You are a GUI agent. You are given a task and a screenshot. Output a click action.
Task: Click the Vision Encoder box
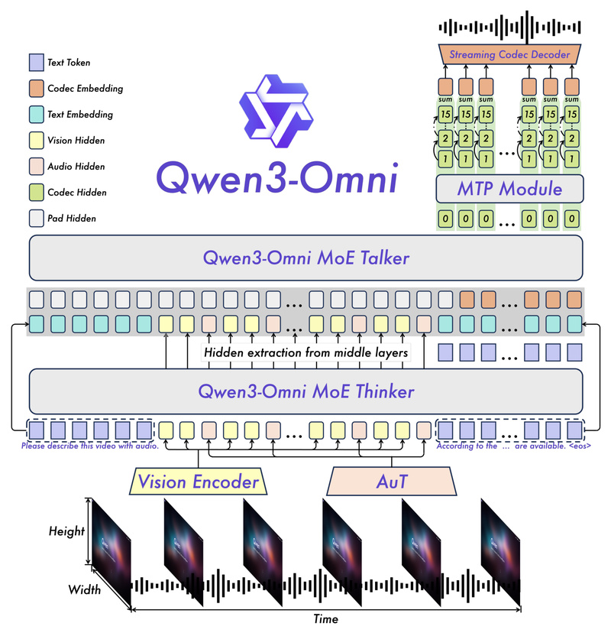click(198, 483)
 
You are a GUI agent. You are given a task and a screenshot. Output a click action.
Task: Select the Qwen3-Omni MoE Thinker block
click(305, 392)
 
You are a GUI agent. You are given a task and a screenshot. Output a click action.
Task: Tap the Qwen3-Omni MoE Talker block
click(305, 258)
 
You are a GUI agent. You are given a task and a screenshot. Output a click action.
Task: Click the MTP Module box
click(509, 189)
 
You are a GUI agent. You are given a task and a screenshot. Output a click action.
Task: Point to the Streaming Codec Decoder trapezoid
click(509, 54)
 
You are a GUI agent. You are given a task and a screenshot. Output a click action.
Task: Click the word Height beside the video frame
click(66, 531)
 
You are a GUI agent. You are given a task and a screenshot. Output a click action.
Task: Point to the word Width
click(84, 589)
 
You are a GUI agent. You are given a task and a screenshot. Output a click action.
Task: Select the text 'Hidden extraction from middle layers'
click(305, 352)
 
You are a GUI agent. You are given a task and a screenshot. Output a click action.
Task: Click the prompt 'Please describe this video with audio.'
click(89, 446)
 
